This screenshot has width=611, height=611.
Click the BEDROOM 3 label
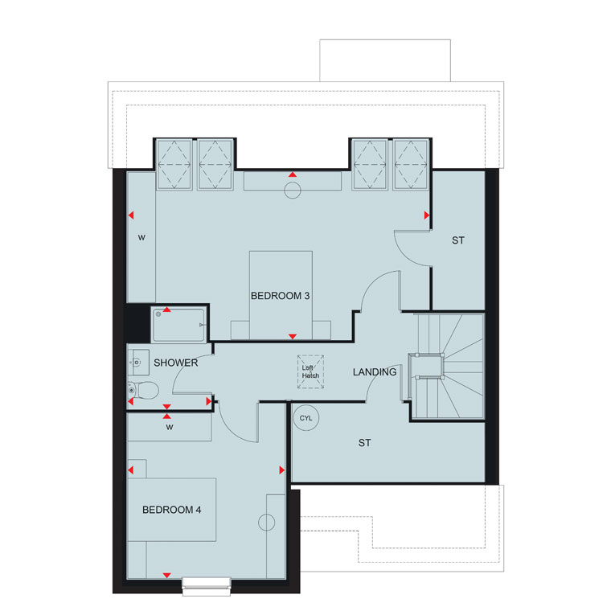tap(280, 296)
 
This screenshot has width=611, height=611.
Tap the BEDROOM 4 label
tap(172, 510)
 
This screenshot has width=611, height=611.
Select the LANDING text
tap(375, 372)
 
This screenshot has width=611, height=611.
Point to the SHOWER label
tap(176, 363)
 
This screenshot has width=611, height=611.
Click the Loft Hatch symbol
tap(310, 371)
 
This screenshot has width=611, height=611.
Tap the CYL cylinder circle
tap(305, 418)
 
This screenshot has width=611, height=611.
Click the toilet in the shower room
tap(143, 390)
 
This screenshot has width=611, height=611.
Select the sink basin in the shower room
tap(138, 363)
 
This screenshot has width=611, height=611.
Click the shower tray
tap(178, 325)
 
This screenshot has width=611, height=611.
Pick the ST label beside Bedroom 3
tap(458, 240)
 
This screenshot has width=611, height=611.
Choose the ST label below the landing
tap(365, 443)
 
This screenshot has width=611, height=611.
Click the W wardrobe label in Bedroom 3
tap(141, 237)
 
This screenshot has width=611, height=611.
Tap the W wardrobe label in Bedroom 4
tap(170, 427)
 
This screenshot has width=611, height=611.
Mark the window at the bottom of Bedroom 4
tap(207, 586)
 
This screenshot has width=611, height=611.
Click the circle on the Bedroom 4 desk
tap(267, 523)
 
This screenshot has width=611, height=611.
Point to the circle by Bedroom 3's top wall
tap(293, 191)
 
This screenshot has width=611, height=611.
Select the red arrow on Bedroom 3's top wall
tap(293, 174)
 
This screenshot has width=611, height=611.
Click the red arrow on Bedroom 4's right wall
tap(281, 470)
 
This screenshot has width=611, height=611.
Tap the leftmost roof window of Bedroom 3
tap(174, 165)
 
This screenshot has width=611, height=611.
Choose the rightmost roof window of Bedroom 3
tap(411, 165)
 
